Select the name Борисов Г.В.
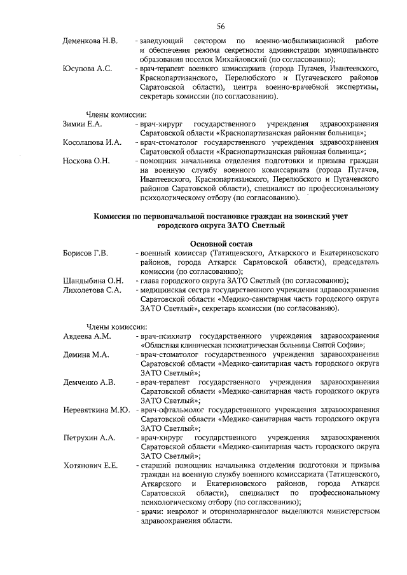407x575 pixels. click(x=86, y=254)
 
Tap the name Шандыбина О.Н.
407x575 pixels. click(x=93, y=281)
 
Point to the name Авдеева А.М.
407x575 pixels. click(x=87, y=336)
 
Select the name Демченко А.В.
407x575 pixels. click(x=89, y=382)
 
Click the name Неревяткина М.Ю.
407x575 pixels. click(x=96, y=410)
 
